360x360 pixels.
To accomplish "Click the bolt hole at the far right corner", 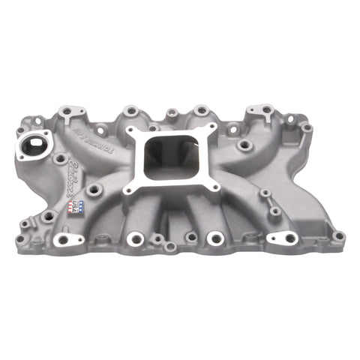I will tap(338, 235).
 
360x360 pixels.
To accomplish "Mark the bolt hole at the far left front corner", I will tap(19, 240).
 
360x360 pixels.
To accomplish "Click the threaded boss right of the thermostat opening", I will tap(58, 158).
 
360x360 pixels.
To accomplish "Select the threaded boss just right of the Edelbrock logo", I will tap(94, 190).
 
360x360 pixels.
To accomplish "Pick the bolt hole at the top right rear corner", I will tap(307, 128).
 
